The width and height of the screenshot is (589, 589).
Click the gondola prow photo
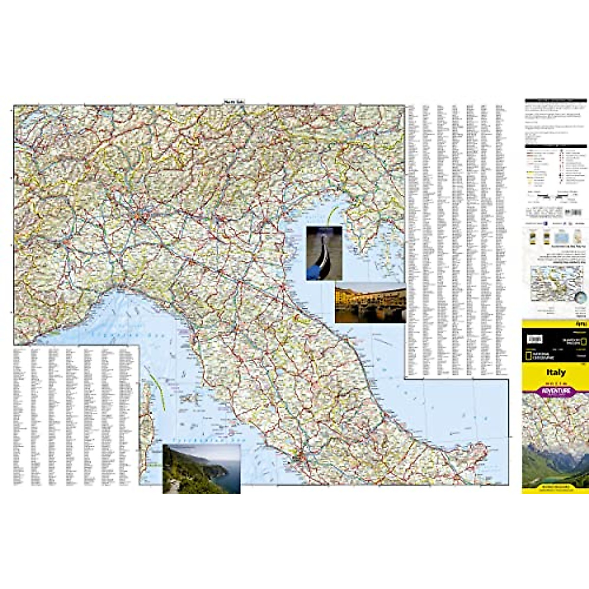[x=324, y=253]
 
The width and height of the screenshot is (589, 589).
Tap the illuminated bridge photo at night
[x=370, y=302]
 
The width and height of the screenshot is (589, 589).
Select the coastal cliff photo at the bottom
[x=201, y=469]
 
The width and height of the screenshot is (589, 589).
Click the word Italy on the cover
[x=556, y=373]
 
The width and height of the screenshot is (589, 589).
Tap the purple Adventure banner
[x=556, y=391]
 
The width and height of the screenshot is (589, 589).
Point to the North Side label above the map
[x=234, y=102]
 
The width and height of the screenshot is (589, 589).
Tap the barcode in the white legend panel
[x=573, y=213]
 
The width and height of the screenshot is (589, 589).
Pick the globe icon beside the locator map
[x=580, y=296]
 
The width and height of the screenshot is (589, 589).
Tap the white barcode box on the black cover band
[x=535, y=339]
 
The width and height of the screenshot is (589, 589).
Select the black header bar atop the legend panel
[x=556, y=101]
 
